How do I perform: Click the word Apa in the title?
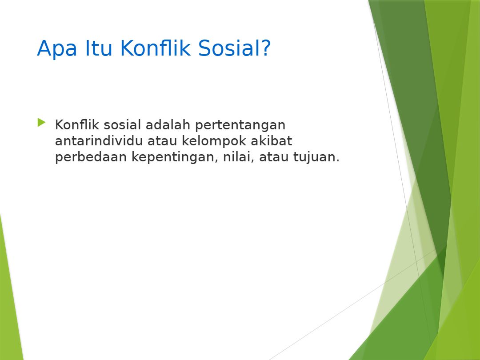click(x=57, y=49)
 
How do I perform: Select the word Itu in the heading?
click(x=99, y=48)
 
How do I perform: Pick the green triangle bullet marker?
click(x=42, y=123)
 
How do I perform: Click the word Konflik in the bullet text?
click(x=77, y=124)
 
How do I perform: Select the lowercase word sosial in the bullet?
click(x=123, y=124)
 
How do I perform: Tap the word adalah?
click(x=168, y=124)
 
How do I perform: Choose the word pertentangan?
click(x=240, y=125)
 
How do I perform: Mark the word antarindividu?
click(x=99, y=141)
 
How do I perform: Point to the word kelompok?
click(x=214, y=141)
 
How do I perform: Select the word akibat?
click(x=272, y=141)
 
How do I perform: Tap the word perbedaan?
click(x=91, y=157)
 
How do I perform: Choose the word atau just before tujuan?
click(x=274, y=157)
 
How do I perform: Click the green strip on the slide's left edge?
click(x=10, y=291)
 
